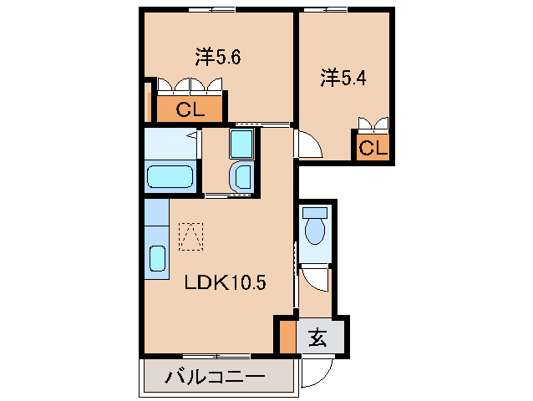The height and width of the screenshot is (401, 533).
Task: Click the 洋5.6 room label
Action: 218,58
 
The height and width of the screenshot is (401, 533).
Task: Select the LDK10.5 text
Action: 225,283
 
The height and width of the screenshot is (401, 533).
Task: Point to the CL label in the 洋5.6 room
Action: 189,109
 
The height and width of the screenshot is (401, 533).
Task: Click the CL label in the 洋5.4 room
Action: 373,149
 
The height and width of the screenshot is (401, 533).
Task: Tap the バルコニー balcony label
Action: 214,378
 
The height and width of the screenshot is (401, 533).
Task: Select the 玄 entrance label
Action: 318,338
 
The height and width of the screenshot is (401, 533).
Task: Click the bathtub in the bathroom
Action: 170,177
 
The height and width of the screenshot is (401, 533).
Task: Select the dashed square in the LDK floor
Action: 191,236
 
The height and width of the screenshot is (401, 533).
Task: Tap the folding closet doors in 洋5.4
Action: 373,125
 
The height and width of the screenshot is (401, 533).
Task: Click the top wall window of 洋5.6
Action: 211,9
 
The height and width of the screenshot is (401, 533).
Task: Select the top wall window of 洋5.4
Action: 325,9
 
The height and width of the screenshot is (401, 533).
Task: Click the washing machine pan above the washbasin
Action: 241,144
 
